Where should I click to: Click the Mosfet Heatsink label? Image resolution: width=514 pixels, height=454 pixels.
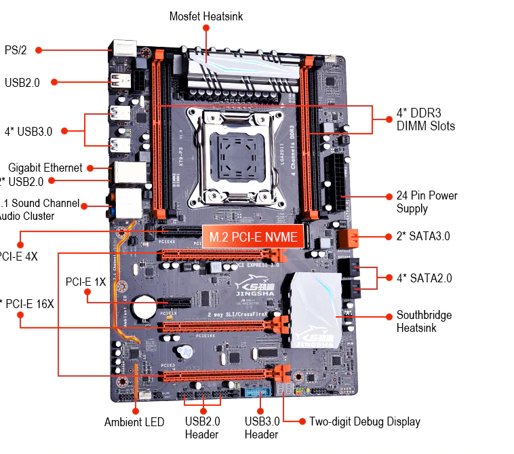[x=206, y=16]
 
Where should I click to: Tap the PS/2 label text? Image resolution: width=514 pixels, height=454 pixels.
[x=15, y=50]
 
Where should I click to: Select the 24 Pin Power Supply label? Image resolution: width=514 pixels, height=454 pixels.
[x=427, y=202]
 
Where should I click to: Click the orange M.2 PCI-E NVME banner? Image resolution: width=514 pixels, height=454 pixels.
[x=252, y=237]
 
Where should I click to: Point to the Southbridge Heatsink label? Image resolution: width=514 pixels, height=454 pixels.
[x=424, y=322]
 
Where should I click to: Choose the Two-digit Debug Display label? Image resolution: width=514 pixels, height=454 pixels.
[x=365, y=421]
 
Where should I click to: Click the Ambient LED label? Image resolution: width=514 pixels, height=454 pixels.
[x=134, y=422]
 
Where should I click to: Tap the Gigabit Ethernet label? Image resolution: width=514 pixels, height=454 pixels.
[x=45, y=168]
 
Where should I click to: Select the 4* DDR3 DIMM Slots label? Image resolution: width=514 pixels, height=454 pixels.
[x=425, y=119]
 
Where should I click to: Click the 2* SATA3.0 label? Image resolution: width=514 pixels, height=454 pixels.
[x=423, y=236]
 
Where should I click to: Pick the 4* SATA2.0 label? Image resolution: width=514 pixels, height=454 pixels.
[x=424, y=278]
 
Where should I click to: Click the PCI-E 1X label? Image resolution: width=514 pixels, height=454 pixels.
[x=85, y=281]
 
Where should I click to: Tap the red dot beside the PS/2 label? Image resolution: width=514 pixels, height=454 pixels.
[x=39, y=50]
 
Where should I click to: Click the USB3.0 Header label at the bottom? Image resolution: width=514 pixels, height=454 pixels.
[x=262, y=428]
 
